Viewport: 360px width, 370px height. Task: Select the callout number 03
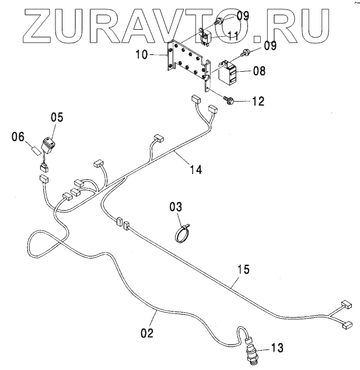click(176, 207)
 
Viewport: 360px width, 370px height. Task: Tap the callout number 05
click(57, 117)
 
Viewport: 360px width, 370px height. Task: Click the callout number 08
click(260, 71)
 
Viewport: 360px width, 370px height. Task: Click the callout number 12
click(257, 101)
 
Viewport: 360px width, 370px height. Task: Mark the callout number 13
click(277, 348)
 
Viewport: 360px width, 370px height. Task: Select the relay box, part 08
click(230, 71)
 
